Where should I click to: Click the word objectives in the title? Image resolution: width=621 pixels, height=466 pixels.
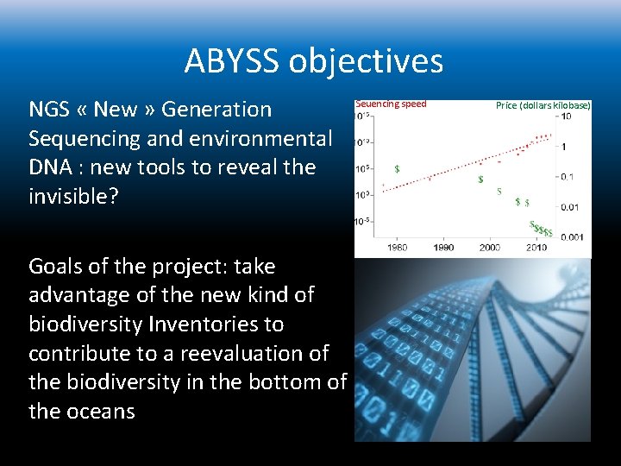coord(367,61)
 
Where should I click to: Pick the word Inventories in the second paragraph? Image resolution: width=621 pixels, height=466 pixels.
coord(203,324)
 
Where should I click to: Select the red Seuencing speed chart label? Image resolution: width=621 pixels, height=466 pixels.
coord(391,104)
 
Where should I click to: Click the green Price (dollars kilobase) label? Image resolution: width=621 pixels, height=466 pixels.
coord(543,105)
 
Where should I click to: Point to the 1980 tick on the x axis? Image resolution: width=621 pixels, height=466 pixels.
coord(397,248)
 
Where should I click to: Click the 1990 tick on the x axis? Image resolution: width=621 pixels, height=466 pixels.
coord(442,248)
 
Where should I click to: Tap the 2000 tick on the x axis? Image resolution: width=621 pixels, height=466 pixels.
coord(489,248)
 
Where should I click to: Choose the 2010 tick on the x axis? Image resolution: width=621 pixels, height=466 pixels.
coord(536,248)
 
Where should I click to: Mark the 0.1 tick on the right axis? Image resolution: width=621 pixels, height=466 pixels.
coord(567,177)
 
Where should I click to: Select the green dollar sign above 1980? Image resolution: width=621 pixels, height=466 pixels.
coord(397,168)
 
